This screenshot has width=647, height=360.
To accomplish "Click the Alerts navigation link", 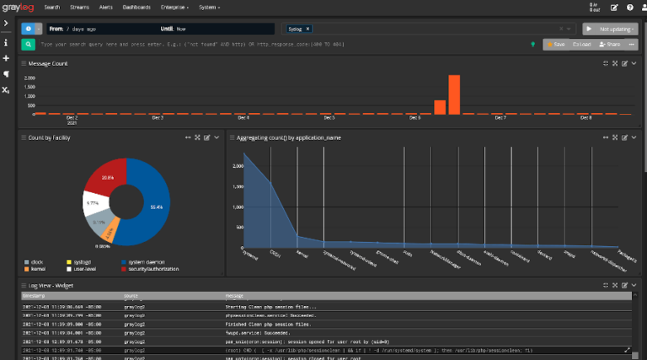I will (x=107, y=8).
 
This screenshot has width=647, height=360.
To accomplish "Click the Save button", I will (x=555, y=43).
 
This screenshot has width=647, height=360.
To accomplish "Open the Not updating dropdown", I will (x=614, y=28).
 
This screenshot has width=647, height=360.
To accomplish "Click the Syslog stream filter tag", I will (x=299, y=29).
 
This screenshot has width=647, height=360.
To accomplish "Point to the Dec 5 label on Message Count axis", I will (x=329, y=118).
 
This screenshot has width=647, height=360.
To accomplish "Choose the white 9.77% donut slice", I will (x=94, y=203).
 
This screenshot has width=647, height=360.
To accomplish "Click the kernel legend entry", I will (x=38, y=270).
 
